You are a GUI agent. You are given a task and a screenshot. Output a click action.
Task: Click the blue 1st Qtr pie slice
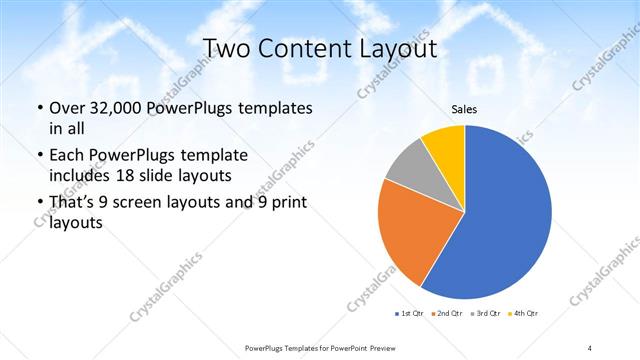pos(500,220)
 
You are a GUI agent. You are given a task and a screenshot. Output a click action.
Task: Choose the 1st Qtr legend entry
pos(411,315)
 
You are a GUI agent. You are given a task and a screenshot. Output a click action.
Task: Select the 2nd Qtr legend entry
pos(445,315)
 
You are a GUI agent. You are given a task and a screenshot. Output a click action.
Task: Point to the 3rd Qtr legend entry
pos(484,315)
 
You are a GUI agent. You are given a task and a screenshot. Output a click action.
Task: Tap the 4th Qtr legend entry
pos(522,315)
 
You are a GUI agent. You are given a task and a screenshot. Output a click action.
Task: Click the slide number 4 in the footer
pos(590,347)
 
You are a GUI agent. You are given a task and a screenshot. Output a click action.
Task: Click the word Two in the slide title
pos(226,48)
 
